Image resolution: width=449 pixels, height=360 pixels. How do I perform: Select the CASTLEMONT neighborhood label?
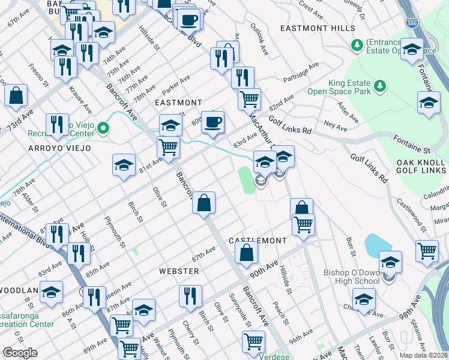tap(258, 241)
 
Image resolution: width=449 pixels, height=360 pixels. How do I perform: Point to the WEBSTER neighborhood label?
tap(178, 271)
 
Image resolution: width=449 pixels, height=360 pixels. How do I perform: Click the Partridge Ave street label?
tap(302, 73)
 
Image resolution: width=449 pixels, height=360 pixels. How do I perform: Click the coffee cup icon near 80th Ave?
tap(212, 123)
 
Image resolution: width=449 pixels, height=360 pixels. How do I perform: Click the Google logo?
tap(20, 353)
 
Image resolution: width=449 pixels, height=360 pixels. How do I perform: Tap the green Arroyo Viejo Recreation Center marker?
tap(103, 128)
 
